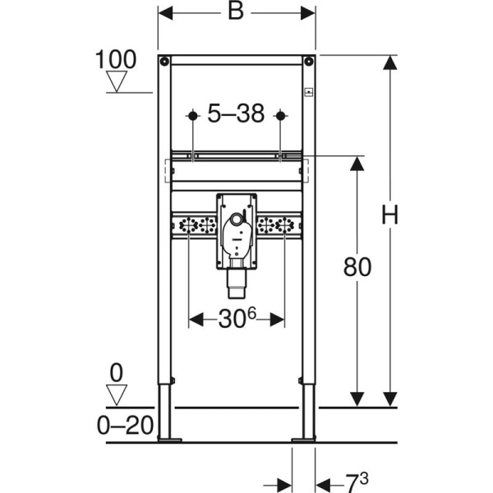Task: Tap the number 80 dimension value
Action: (357, 266)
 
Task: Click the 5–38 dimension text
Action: (236, 114)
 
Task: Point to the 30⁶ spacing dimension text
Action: (237, 318)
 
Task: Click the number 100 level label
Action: (116, 61)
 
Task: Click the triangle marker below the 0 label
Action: (117, 395)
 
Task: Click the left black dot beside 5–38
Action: (192, 116)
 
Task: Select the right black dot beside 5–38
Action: (280, 116)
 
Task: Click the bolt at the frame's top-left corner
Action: (165, 61)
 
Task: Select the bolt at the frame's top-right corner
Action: (308, 61)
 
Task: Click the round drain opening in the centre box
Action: (237, 220)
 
